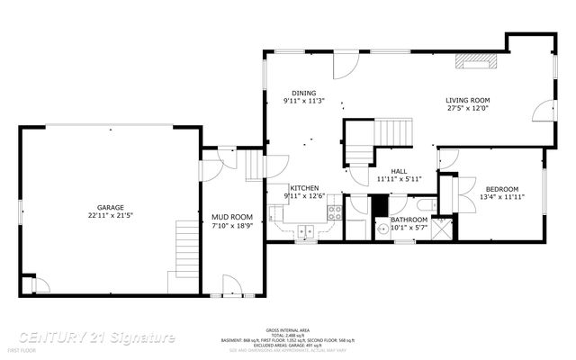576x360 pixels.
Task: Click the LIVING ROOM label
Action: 467,100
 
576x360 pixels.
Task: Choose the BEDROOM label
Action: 502,188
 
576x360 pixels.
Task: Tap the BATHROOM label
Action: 409,219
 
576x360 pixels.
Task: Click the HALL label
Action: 400,170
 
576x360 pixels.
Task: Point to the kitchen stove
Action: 335,213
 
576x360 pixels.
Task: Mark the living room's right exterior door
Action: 542,112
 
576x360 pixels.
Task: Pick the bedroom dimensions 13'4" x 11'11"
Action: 502,196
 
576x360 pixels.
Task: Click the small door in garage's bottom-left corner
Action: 37,285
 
